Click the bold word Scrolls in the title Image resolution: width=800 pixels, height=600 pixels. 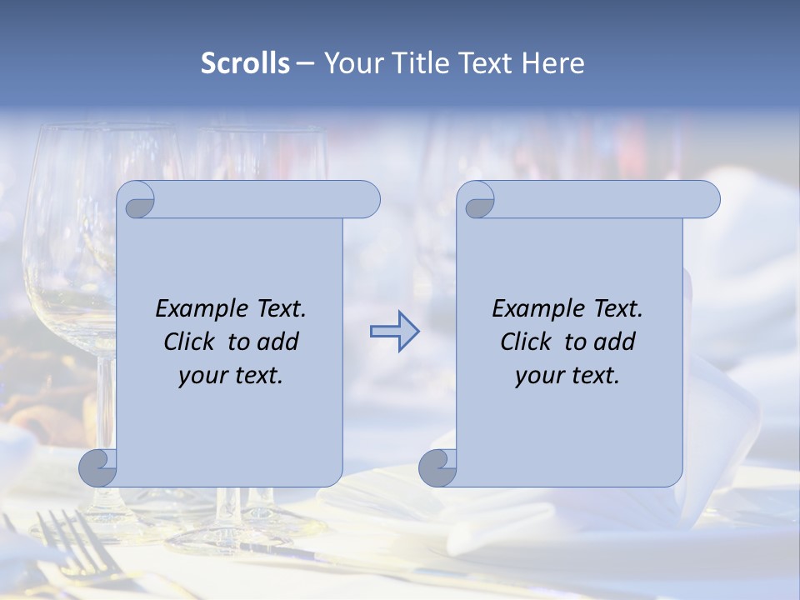pos(245,63)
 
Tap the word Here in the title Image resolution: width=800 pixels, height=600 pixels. pos(552,63)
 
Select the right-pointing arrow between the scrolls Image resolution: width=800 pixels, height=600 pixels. pos(394,331)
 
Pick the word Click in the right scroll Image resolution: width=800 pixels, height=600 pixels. pos(526,342)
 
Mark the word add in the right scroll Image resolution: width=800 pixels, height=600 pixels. pos(615,342)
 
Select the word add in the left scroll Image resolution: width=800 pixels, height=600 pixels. pos(278,342)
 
